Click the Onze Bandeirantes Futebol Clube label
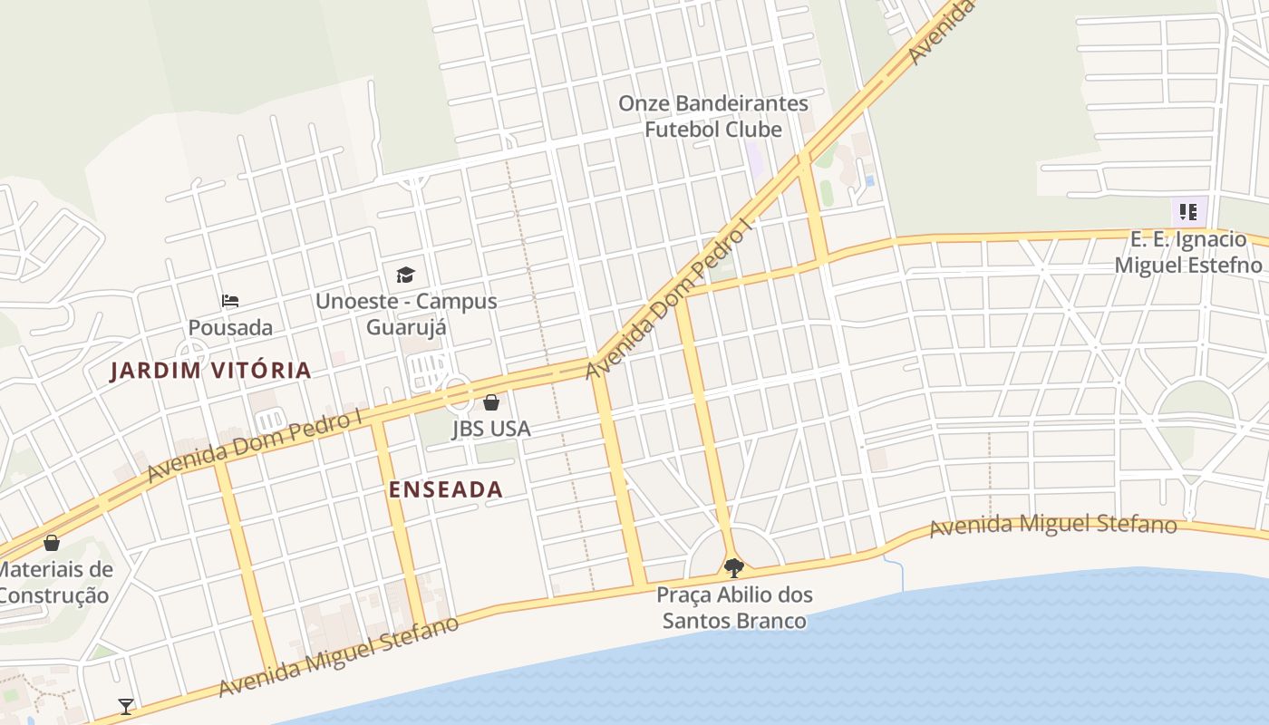click(x=712, y=116)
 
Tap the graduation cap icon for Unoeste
click(x=405, y=275)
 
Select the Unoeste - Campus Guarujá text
click(x=406, y=314)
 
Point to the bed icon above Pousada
click(x=230, y=301)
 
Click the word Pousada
click(x=230, y=327)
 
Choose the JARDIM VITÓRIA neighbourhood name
click(x=211, y=370)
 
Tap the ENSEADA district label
click(x=445, y=489)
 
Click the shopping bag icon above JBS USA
click(x=491, y=402)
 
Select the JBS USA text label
click(x=491, y=429)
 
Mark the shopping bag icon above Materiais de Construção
click(x=52, y=543)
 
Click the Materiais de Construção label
click(x=54, y=583)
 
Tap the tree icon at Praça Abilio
click(x=734, y=568)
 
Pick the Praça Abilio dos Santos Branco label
click(x=734, y=608)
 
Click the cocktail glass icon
click(x=126, y=706)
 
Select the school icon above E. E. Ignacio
click(x=1187, y=213)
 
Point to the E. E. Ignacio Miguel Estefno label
click(x=1187, y=252)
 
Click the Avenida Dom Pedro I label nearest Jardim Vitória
click(x=255, y=445)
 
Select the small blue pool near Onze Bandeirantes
click(x=870, y=181)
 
